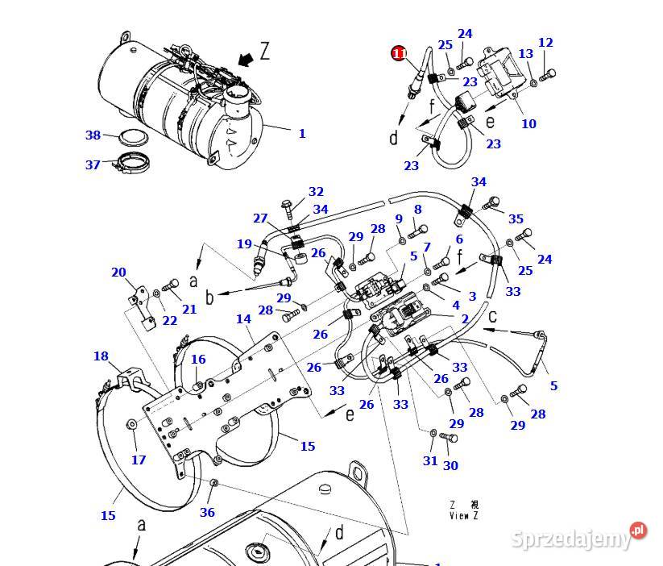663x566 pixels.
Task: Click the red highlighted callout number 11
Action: (x=399, y=54)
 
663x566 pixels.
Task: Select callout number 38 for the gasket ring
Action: (x=93, y=135)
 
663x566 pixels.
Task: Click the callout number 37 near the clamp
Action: (x=93, y=164)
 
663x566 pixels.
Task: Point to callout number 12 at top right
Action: (x=545, y=43)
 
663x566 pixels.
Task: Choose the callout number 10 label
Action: (x=528, y=123)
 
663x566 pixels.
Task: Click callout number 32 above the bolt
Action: (x=316, y=192)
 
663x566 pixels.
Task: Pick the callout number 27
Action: (x=259, y=218)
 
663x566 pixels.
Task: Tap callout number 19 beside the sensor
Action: (x=244, y=244)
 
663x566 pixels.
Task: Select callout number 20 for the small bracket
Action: (x=118, y=272)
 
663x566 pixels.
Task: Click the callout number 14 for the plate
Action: (x=243, y=319)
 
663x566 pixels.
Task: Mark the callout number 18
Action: (x=101, y=356)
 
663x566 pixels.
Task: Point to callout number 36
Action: (x=207, y=512)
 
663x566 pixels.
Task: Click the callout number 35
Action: (x=516, y=218)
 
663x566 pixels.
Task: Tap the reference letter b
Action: (x=209, y=298)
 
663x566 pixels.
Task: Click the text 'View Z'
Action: (x=464, y=515)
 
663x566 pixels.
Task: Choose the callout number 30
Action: (x=450, y=465)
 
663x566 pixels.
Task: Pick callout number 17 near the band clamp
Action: (x=139, y=460)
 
